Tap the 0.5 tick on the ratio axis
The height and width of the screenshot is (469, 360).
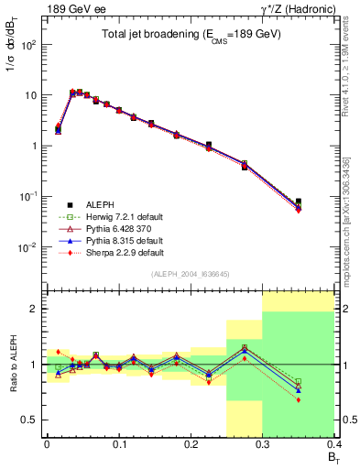click(x=34, y=420)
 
